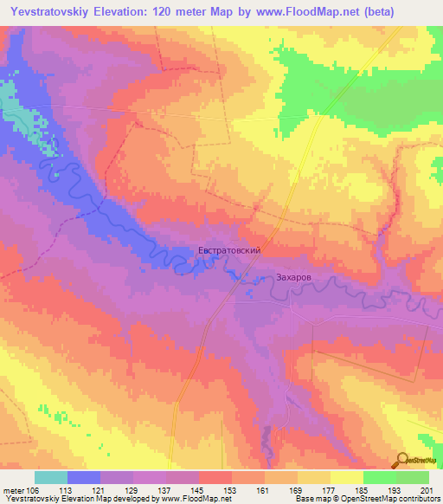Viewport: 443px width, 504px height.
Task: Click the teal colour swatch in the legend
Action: (x=50, y=476)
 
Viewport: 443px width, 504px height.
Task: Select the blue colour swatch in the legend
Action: (x=83, y=476)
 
